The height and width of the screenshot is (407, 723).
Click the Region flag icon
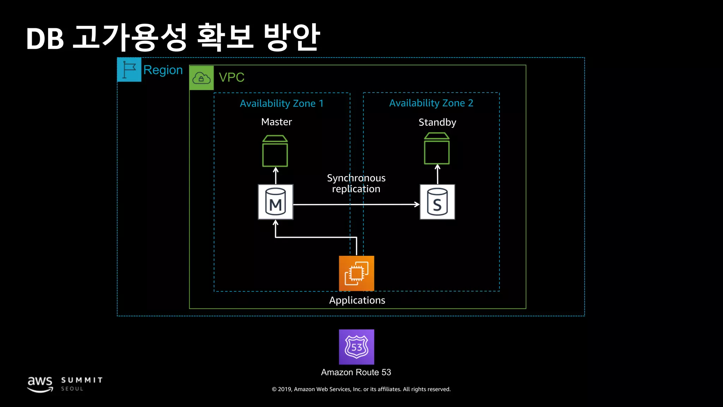tap(129, 70)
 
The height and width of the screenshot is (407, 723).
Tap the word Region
tap(163, 70)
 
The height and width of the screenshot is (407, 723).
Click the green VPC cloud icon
tap(202, 78)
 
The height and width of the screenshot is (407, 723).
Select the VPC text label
tap(232, 77)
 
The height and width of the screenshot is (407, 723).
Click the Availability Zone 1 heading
tap(281, 104)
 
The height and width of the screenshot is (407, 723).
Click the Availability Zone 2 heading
tap(431, 103)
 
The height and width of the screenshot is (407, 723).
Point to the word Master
tap(276, 122)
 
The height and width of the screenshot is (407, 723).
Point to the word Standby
tap(437, 122)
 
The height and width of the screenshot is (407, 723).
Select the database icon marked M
tap(275, 202)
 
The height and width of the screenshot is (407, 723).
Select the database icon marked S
tap(437, 202)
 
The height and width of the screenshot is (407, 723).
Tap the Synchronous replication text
tap(356, 183)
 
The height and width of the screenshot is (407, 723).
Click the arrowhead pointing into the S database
tap(417, 204)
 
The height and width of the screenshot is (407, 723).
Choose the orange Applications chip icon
tap(356, 273)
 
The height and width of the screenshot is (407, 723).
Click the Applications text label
tap(357, 300)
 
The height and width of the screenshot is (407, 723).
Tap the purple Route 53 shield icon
tap(356, 347)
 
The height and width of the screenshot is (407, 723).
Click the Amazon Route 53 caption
tap(356, 372)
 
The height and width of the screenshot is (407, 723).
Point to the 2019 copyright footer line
tap(361, 389)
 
